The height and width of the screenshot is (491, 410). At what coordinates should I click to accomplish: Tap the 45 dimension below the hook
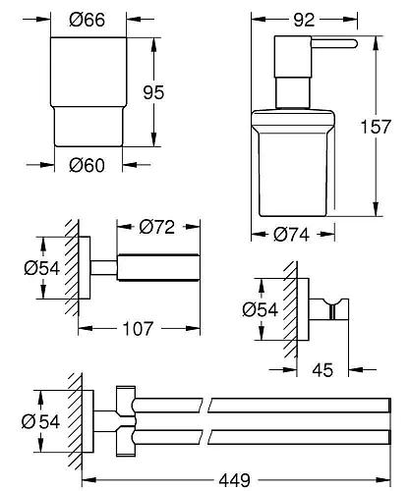[x=322, y=371]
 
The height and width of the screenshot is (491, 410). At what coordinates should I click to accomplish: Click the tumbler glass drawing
[x=82, y=93]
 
